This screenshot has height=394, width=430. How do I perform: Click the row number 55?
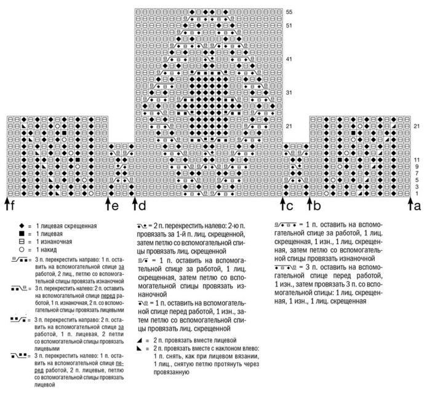(x=289, y=12)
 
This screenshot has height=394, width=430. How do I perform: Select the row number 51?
(x=289, y=25)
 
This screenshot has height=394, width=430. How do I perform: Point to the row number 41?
(x=289, y=59)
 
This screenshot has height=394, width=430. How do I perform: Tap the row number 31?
(x=289, y=92)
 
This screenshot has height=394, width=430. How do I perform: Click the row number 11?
(x=416, y=160)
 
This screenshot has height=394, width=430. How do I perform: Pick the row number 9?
(x=416, y=167)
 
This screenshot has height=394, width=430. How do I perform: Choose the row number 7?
(x=416, y=173)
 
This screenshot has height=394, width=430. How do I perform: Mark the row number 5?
(x=416, y=180)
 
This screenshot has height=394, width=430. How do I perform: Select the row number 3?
(x=416, y=187)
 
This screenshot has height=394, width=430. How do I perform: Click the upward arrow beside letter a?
(x=409, y=201)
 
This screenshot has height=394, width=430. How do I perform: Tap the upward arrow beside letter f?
(x=7, y=201)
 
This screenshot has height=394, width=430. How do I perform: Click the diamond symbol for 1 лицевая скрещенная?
(x=22, y=226)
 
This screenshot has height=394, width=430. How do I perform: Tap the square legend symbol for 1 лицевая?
(x=22, y=234)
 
